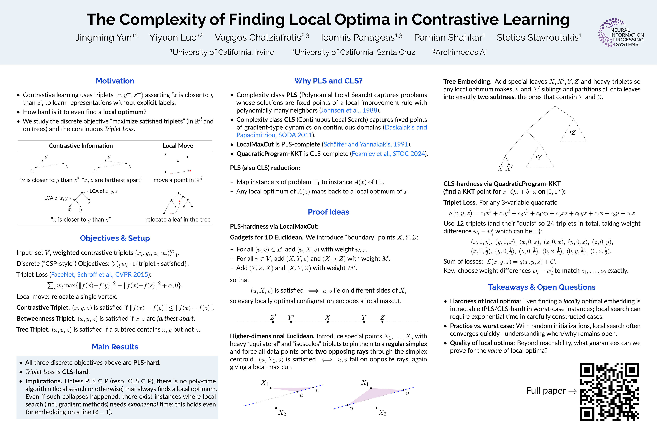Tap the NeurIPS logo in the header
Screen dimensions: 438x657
coord(621,33)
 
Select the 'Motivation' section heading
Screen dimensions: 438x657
coord(115,81)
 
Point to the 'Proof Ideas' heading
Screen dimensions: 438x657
coord(328,212)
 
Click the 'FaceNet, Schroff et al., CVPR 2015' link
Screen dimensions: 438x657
coord(99,275)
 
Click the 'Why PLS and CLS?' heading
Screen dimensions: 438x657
coord(328,81)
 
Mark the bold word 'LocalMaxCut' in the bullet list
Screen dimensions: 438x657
coord(255,144)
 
